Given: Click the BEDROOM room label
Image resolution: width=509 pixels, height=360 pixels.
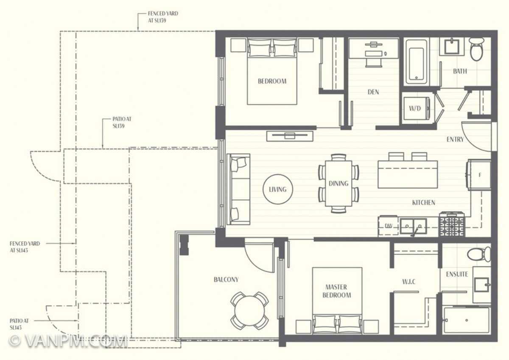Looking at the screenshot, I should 272,81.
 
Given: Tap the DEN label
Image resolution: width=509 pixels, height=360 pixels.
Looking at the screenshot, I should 373,92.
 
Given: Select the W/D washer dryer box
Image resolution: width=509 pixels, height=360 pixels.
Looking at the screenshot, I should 415,108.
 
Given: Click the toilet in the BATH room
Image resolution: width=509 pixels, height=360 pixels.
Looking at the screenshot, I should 476,49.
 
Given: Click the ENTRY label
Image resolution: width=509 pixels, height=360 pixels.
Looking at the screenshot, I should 455,139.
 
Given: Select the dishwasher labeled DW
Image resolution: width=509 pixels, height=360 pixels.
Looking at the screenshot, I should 388,226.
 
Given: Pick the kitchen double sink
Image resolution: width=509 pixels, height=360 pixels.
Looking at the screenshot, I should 413,226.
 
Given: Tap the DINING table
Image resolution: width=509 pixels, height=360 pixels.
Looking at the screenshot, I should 338,184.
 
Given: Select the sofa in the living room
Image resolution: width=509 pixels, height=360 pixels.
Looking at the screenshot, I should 239,189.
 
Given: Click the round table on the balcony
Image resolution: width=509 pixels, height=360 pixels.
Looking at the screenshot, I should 249,310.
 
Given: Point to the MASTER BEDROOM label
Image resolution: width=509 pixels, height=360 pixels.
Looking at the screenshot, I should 337,291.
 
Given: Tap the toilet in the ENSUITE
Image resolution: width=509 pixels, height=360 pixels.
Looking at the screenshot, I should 479,255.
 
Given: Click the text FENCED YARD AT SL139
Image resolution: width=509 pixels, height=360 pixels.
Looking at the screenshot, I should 163,17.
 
